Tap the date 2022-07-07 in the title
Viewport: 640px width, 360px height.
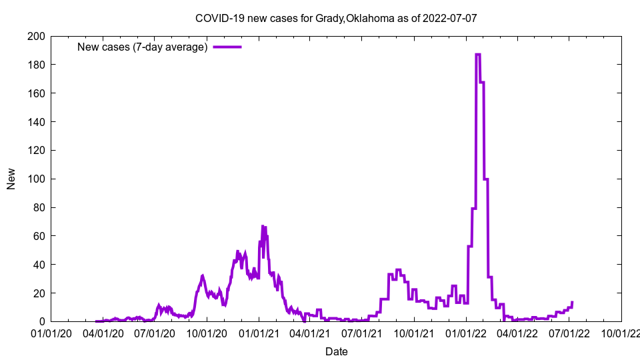(451, 19)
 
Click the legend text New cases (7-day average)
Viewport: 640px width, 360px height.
(143, 47)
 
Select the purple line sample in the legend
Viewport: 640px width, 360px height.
(227, 47)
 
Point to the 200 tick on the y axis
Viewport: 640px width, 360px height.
(37, 36)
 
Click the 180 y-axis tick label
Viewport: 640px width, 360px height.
(37, 65)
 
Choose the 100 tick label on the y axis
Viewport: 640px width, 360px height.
(37, 179)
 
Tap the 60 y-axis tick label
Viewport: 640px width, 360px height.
(39, 236)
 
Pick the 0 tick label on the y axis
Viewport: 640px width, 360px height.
(42, 322)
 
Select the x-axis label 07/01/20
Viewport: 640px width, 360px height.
(155, 333)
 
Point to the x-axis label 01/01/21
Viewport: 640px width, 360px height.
(259, 333)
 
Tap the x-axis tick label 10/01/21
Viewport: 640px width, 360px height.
(415, 333)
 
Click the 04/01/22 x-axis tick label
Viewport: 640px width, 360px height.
(518, 333)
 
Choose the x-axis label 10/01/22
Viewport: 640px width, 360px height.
(621, 333)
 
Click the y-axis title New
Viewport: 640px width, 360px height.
(11, 179)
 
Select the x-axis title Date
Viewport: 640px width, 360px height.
(337, 351)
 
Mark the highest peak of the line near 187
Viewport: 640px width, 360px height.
(477, 54)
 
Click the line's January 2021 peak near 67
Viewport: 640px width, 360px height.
(263, 226)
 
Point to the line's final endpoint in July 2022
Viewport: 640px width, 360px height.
(572, 302)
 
